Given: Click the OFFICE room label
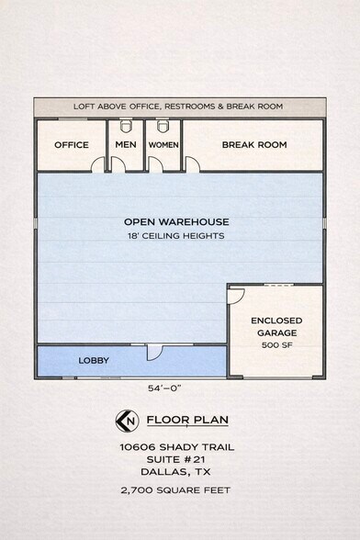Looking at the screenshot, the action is tap(72, 145).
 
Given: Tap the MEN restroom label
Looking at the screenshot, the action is tap(126, 145).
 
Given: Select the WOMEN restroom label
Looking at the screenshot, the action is tap(163, 145).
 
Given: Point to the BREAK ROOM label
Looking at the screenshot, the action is tap(254, 145).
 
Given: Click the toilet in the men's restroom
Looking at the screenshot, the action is tap(126, 126).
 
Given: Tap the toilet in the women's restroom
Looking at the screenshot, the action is tap(163, 126).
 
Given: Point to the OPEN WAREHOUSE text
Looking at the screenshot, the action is tap(176, 222).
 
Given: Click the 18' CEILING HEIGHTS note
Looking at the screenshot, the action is tap(176, 236).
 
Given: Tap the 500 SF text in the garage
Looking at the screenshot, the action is tap(277, 345).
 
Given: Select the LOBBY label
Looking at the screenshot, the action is tap(94, 361).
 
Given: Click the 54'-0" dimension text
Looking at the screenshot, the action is tap(164, 388).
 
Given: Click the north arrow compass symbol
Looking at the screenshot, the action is tap(127, 421).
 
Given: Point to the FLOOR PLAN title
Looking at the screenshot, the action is tap(187, 420).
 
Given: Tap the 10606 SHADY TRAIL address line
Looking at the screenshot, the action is tap(176, 447).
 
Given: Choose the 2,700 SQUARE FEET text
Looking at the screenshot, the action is tap(175, 490).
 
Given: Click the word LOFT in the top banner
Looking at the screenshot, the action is tap(84, 107).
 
